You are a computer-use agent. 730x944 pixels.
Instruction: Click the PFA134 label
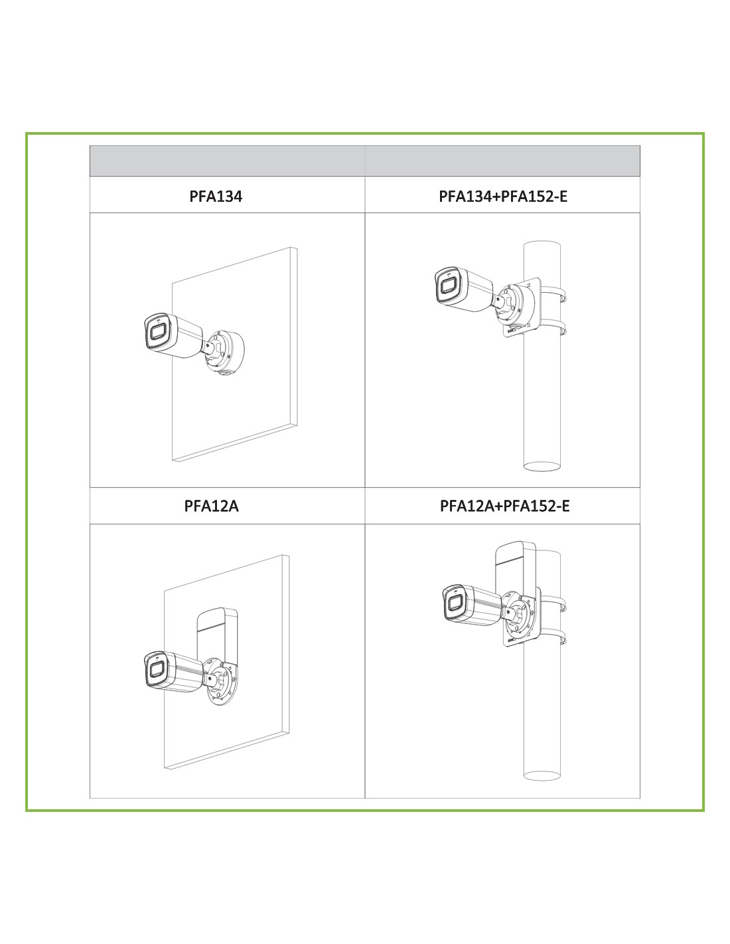click(x=216, y=197)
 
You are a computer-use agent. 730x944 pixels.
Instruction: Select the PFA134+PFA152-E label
click(x=503, y=197)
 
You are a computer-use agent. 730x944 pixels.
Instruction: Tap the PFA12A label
click(x=212, y=506)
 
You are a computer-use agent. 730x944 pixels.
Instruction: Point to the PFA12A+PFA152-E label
click(x=504, y=506)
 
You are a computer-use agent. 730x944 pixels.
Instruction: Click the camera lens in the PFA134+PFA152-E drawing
click(x=448, y=286)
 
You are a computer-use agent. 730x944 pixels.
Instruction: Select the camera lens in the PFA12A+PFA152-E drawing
click(x=454, y=603)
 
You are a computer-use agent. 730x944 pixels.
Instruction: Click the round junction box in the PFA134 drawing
click(x=226, y=351)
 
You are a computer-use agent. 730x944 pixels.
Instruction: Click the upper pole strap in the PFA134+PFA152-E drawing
click(x=554, y=293)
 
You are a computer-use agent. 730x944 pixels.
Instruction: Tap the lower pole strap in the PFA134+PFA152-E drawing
click(x=554, y=327)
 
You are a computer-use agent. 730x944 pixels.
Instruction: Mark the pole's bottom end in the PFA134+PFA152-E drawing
click(x=542, y=467)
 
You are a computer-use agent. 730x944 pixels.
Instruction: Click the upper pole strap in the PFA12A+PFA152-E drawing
click(x=554, y=603)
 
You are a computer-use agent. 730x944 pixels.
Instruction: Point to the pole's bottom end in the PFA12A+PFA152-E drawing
click(x=542, y=775)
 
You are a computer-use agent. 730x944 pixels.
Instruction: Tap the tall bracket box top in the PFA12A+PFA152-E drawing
click(x=516, y=552)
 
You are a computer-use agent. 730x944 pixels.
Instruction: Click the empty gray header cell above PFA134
click(x=227, y=161)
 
